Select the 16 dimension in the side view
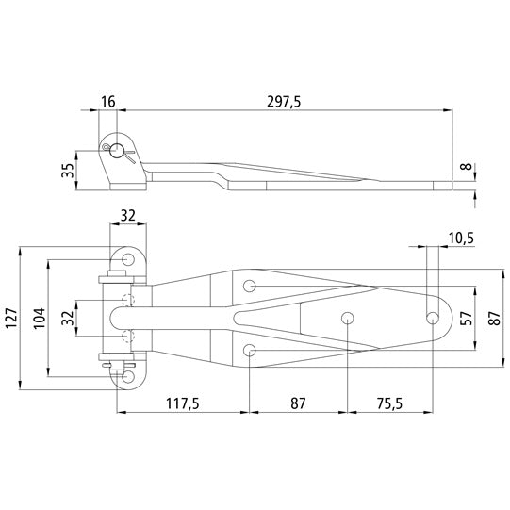[x=110, y=101]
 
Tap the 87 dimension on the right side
[x=490, y=317]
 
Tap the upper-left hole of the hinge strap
[x=250, y=285]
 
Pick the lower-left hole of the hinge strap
[x=250, y=350]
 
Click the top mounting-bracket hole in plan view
[x=125, y=258]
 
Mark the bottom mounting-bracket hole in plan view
[x=125, y=376]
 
